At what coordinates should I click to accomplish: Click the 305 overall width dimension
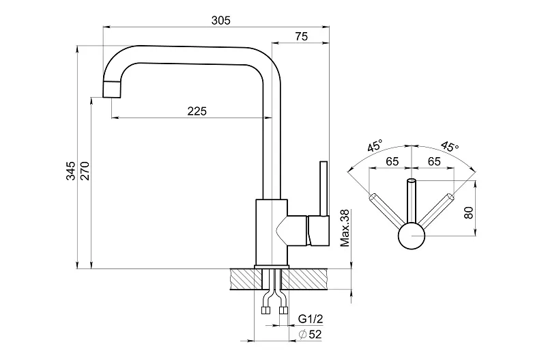click(x=220, y=20)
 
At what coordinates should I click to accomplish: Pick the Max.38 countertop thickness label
click(x=345, y=228)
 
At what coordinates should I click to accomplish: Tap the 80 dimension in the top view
click(x=468, y=212)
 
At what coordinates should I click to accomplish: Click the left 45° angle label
click(x=374, y=146)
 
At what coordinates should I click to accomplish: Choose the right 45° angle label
click(x=450, y=146)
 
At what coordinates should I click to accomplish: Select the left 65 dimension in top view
click(x=392, y=161)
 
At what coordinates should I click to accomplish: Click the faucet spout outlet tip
click(x=111, y=88)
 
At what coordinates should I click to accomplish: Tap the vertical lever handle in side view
click(x=323, y=188)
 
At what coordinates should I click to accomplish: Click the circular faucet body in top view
click(x=412, y=236)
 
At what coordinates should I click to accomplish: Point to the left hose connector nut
click(x=264, y=311)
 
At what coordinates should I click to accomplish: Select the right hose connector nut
click(x=283, y=311)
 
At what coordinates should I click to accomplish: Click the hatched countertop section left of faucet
click(x=244, y=279)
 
